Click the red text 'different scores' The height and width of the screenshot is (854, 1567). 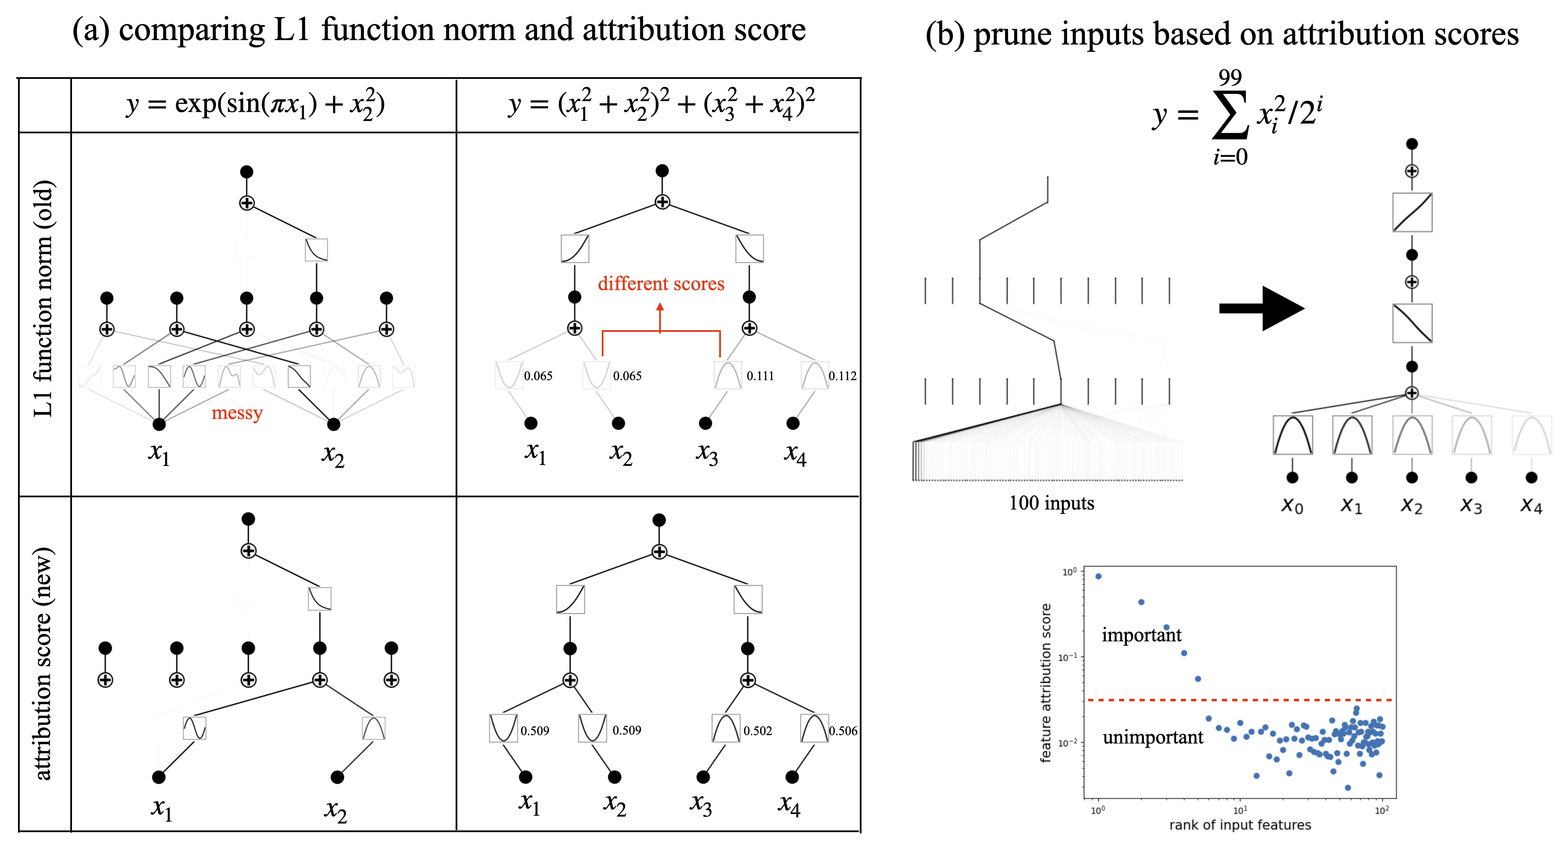660,284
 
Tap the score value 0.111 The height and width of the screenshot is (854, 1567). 760,376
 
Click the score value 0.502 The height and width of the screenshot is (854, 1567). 757,731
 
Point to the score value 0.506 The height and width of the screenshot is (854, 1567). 843,731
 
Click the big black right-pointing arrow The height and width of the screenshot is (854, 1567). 1262,308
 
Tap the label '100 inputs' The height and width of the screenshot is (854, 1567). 1051,503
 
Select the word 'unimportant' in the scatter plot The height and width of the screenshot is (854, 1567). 1152,737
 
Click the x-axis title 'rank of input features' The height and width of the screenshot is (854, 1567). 1239,825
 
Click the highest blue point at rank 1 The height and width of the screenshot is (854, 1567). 1098,576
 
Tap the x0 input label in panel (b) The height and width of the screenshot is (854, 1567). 1292,505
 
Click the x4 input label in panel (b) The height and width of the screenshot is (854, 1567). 1531,505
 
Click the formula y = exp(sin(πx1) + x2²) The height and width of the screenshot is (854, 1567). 255,105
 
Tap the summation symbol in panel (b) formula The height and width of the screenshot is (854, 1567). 1230,114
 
